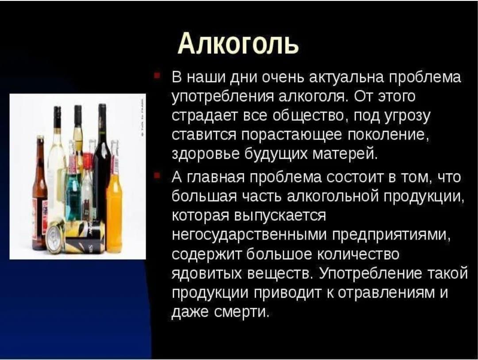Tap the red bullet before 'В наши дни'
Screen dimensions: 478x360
point(156,75)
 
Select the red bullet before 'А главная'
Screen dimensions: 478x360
point(156,176)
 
